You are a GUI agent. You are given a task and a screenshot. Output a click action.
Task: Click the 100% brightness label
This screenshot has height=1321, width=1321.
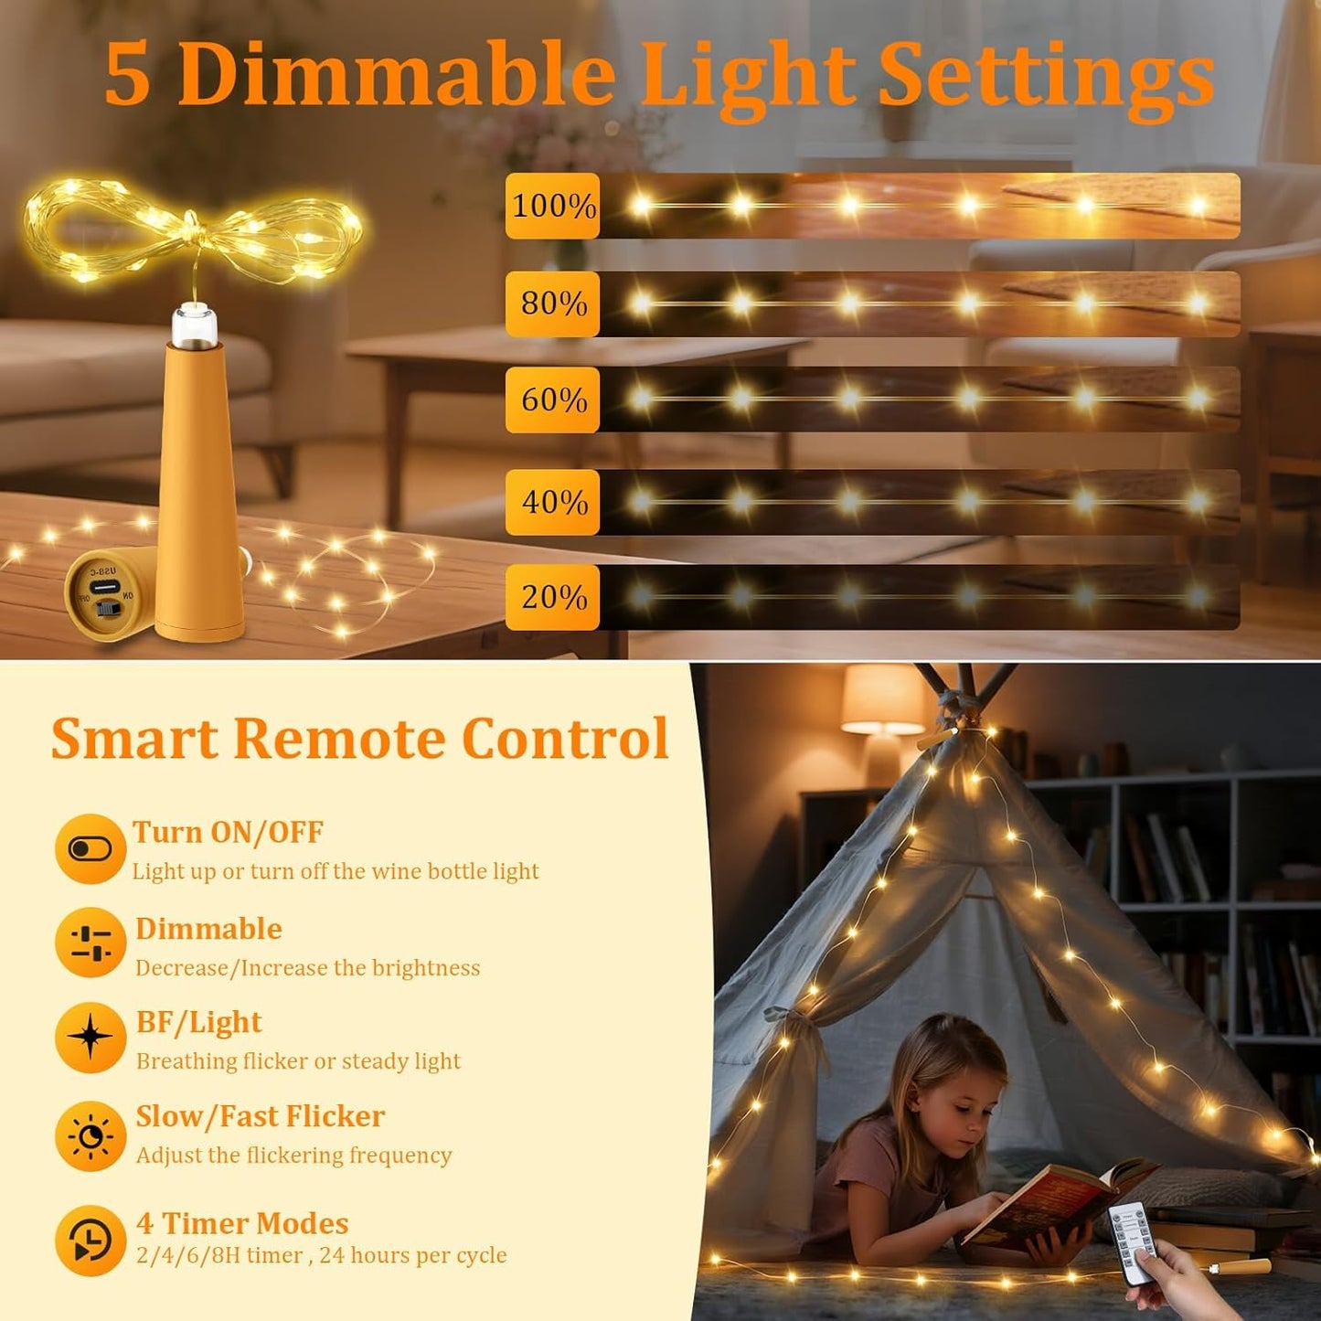(553, 206)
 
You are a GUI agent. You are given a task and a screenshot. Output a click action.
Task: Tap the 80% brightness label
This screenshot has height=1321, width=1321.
(553, 304)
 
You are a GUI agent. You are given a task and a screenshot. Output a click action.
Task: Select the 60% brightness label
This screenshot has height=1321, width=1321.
(553, 399)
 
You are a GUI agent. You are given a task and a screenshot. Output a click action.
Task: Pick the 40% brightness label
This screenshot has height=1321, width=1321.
(553, 502)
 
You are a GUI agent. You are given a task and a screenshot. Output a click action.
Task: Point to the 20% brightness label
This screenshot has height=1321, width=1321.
(553, 597)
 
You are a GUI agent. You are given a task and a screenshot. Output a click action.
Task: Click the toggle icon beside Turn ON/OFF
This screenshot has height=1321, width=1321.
(90, 848)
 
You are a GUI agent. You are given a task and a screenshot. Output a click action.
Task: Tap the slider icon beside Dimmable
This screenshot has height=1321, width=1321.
(90, 943)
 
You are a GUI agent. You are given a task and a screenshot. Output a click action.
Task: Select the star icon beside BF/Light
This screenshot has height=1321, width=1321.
(90, 1038)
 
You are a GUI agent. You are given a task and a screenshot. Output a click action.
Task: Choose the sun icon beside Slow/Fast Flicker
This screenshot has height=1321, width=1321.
(90, 1136)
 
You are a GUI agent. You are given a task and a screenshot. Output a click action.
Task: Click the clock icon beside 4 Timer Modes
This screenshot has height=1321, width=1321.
(90, 1241)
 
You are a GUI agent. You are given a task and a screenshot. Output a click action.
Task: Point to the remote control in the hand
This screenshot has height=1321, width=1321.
(1132, 1235)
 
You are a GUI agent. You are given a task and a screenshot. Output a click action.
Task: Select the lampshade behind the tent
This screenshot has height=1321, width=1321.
(882, 698)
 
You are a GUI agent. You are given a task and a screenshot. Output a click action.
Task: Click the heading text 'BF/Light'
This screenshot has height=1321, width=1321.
(198, 1022)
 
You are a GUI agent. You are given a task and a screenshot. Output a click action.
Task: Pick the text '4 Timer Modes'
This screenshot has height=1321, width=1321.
(242, 1223)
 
